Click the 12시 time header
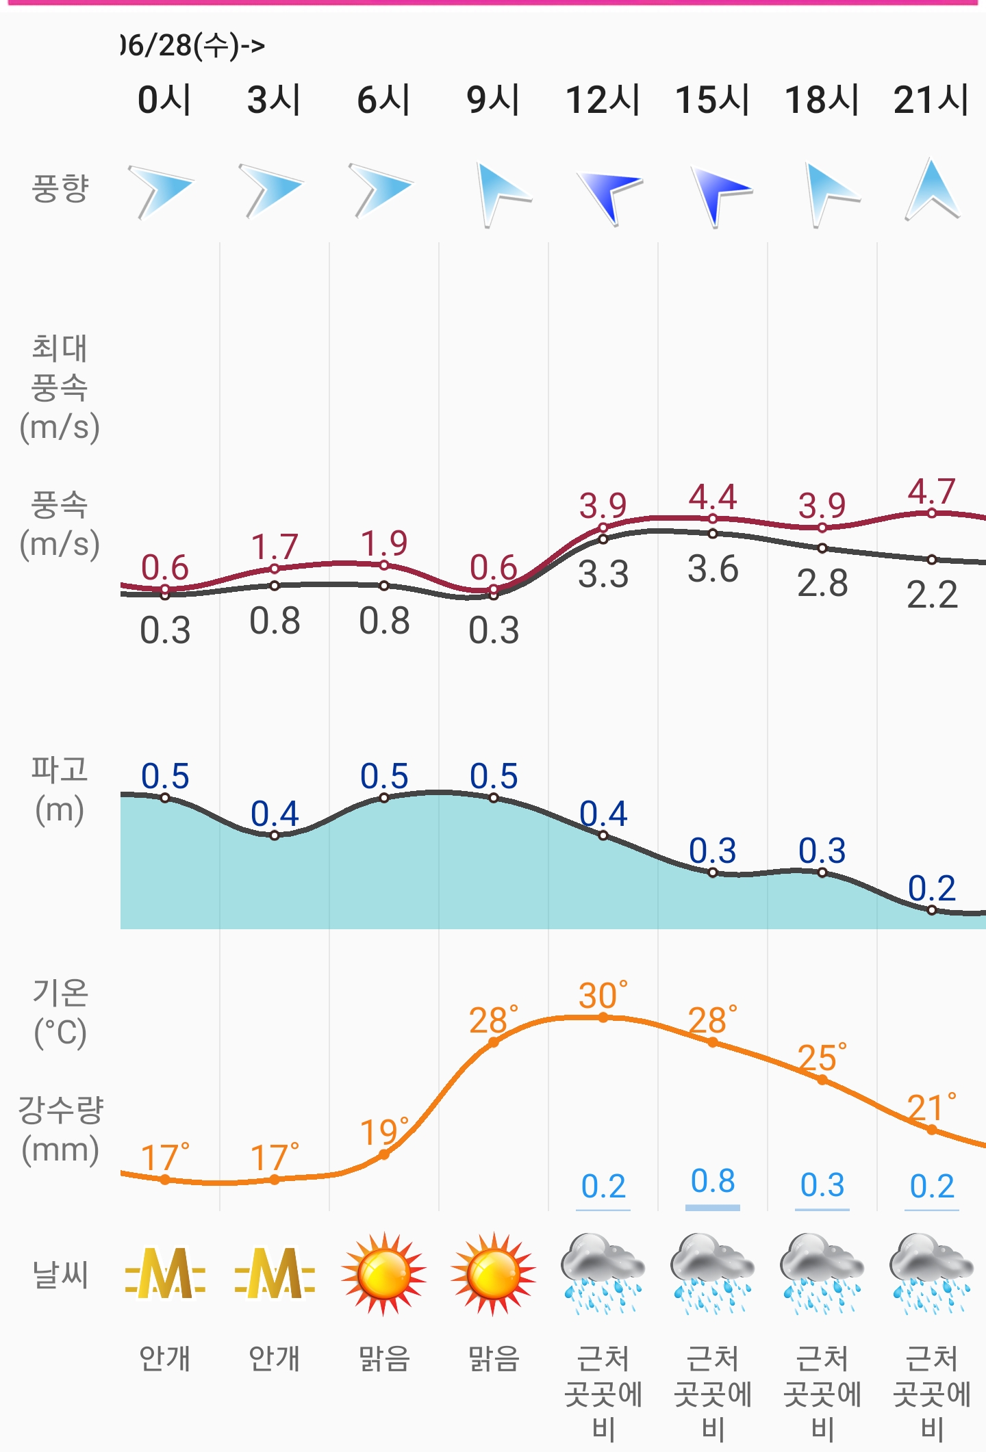(603, 100)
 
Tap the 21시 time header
(931, 100)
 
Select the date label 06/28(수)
(192, 46)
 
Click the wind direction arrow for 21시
(932, 190)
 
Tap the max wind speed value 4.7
(931, 491)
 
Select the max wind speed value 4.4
(712, 497)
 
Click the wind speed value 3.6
(713, 569)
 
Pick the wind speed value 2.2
(932, 594)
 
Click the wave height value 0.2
(931, 888)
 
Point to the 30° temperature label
(603, 996)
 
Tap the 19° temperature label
(383, 1132)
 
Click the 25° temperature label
(822, 1058)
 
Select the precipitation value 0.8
(713, 1182)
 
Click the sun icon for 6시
(383, 1273)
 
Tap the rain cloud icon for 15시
(712, 1273)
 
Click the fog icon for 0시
(165, 1273)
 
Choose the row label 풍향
(60, 188)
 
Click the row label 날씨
(60, 1275)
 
